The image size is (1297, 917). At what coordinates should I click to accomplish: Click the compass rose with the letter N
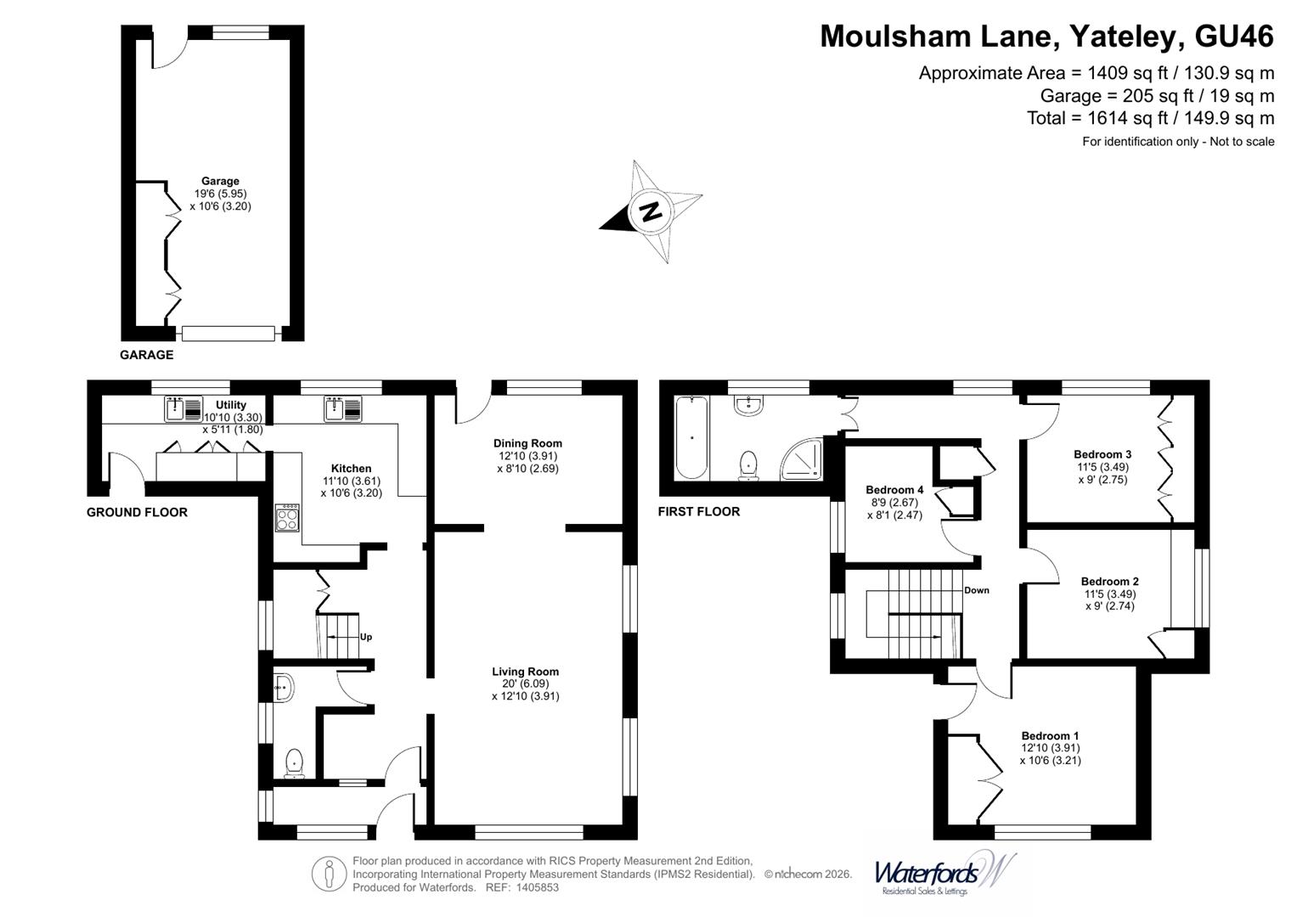pos(651,211)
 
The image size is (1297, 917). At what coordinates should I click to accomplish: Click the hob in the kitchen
pos(287,518)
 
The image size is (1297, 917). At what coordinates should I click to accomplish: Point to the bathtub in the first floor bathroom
pos(691,436)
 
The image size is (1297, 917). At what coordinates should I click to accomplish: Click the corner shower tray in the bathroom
pos(802,458)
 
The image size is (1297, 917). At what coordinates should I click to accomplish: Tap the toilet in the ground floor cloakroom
pos(295,762)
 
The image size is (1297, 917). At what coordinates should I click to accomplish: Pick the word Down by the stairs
pos(976,590)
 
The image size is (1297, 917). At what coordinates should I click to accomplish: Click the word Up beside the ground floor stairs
pos(366,637)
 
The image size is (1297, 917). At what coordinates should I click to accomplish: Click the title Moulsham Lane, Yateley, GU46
pos(1046,37)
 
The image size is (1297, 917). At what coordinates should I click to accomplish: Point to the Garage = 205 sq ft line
pos(1157,96)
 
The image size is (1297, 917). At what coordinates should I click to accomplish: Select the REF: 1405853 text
pos(522,887)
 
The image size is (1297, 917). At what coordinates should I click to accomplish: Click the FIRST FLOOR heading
pos(698,511)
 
